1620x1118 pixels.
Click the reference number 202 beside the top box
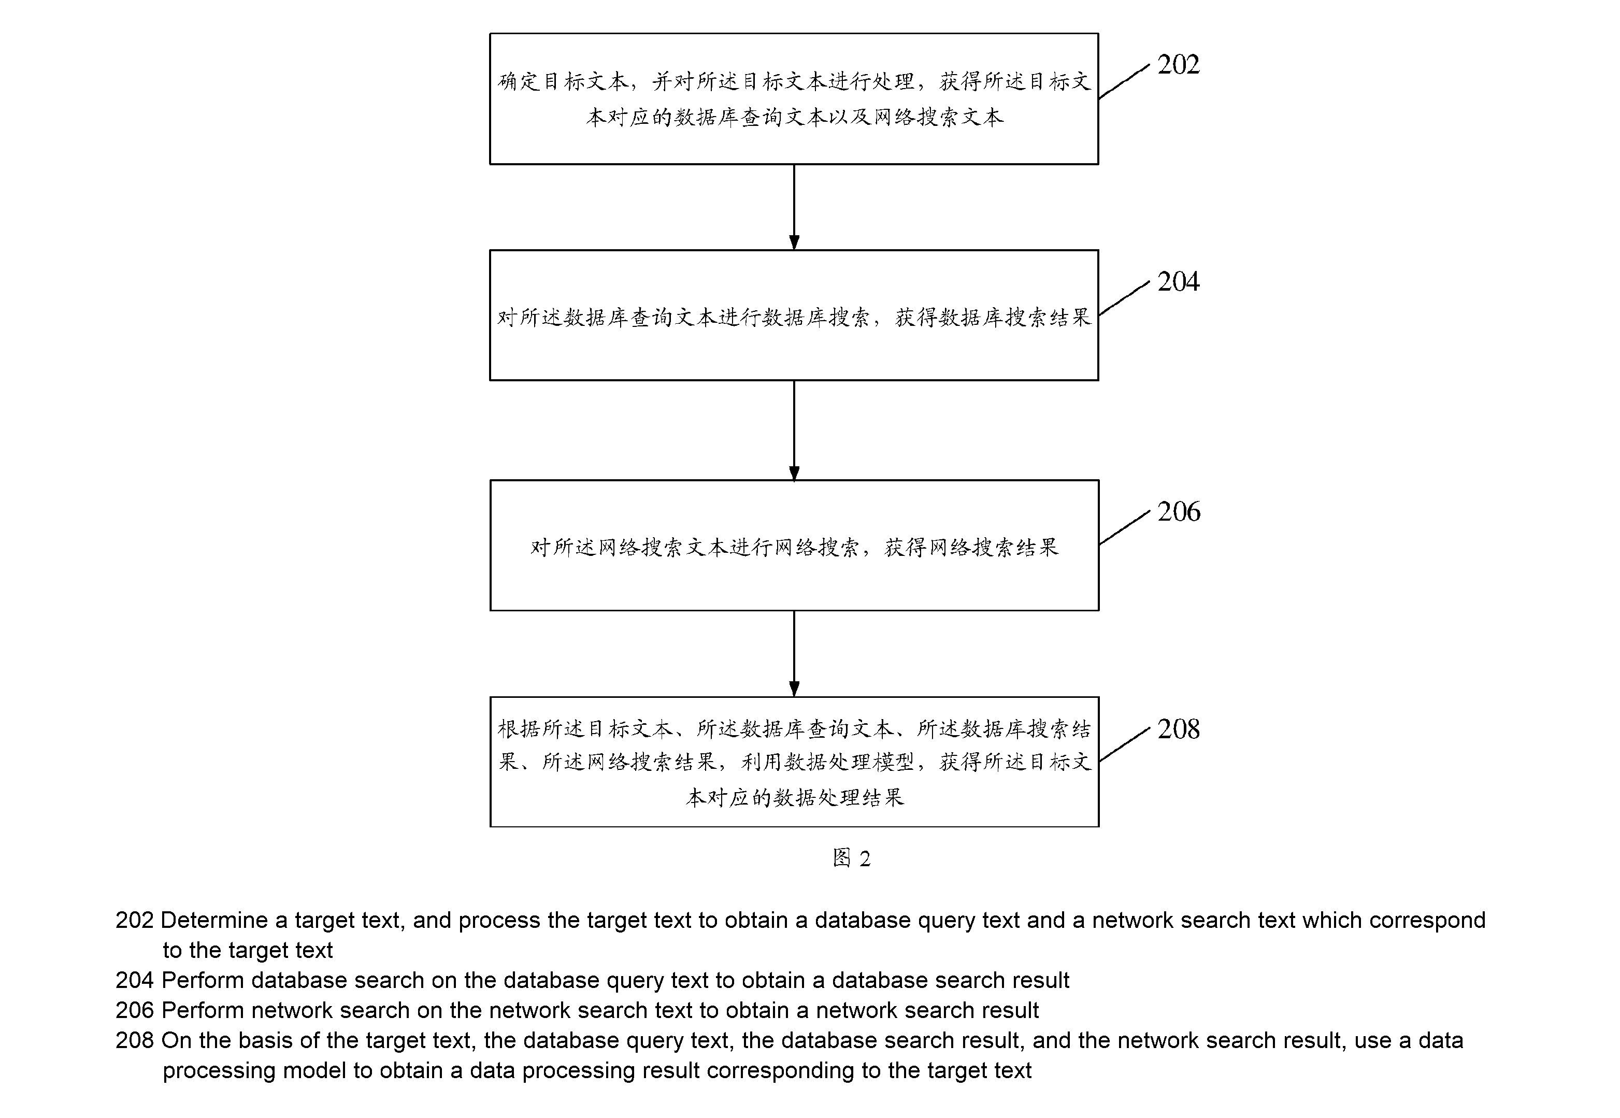click(x=1178, y=64)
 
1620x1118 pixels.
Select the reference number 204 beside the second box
click(x=1178, y=282)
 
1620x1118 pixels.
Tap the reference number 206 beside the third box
click(x=1178, y=511)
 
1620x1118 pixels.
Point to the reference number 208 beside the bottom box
click(x=1178, y=729)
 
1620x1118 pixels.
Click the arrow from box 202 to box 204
click(x=794, y=207)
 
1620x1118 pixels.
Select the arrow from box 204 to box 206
click(x=794, y=431)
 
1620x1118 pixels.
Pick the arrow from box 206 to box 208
click(x=794, y=654)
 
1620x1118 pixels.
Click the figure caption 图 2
click(x=851, y=858)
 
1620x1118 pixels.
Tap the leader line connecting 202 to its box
click(x=1124, y=81)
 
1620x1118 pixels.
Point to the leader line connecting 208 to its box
click(x=1124, y=744)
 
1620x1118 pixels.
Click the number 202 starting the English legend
click(x=135, y=920)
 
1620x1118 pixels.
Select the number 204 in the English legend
click(x=135, y=980)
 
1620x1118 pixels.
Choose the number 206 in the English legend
click(x=135, y=1010)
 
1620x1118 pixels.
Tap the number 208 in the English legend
click(x=135, y=1040)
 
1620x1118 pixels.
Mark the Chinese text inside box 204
click(x=794, y=318)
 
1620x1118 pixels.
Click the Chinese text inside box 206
click(x=794, y=547)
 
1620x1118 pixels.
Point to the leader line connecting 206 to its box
click(x=1124, y=527)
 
